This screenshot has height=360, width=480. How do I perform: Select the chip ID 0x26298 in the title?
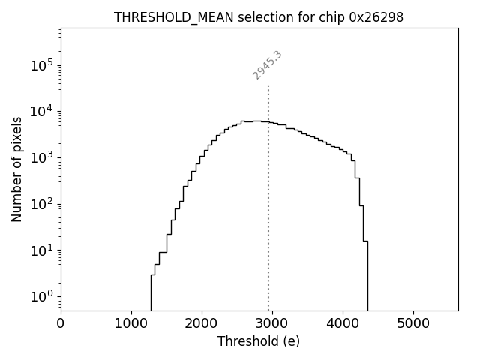click(x=376, y=17)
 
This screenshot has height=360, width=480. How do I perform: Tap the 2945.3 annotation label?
click(x=267, y=65)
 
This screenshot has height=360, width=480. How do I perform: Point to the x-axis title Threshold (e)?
click(x=259, y=341)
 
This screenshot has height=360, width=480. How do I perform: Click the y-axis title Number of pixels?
click(x=16, y=169)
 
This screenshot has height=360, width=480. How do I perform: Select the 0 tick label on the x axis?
click(x=61, y=324)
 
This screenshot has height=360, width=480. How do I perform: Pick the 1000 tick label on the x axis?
click(x=131, y=324)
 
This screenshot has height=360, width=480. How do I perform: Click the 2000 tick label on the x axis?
click(x=202, y=324)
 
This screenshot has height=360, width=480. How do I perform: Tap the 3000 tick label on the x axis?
click(x=272, y=324)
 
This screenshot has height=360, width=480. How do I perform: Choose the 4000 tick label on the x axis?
click(x=343, y=324)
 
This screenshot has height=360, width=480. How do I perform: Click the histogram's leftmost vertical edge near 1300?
click(x=151, y=292)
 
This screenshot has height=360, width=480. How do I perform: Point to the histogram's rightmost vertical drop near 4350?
click(x=367, y=277)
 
